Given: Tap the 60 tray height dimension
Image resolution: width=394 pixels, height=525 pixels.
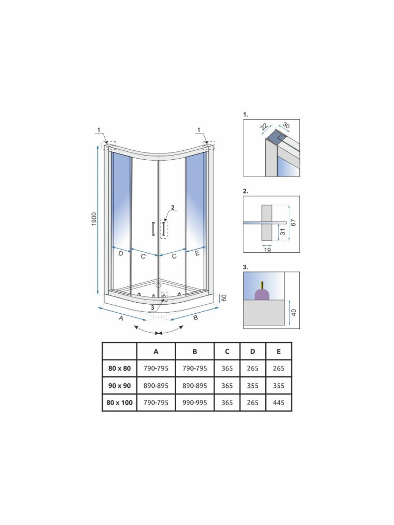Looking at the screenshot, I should pos(224,298).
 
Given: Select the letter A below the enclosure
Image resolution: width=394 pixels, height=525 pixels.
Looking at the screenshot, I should pos(120,318).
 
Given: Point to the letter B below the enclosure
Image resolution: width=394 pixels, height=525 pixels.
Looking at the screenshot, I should pos(195,317).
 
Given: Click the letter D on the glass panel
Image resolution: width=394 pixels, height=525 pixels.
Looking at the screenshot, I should pos(120,254).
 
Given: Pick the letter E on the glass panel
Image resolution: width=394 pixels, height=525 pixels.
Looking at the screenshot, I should pos(197,254).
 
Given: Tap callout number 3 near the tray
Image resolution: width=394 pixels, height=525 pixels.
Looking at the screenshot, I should pos(153,307).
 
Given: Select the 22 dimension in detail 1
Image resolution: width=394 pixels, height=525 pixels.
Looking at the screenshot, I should pos(264,127).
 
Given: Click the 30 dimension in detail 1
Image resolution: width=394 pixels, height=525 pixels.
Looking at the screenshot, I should pos(286,125).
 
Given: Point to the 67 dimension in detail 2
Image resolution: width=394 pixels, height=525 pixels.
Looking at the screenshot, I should pos(294,223).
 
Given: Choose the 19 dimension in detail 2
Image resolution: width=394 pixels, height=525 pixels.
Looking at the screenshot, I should pos(267,250).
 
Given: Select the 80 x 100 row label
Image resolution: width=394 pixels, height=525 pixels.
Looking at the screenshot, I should pos(119,403).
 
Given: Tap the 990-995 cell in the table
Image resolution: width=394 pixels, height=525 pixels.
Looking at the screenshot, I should pos(195,403).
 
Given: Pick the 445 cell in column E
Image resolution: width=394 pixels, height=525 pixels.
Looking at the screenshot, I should pos(279,403).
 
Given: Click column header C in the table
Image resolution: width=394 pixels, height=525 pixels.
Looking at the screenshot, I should pos(227,351).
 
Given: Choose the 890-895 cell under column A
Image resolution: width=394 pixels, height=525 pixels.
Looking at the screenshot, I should pos(156,385).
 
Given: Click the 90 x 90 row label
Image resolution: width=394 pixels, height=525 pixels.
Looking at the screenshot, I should pos(119,385).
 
